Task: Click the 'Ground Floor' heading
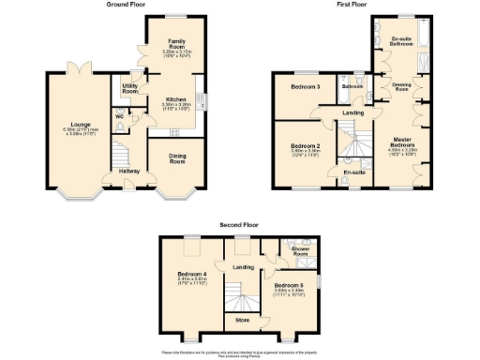[127, 6]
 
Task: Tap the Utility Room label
[130, 88]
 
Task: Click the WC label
[119, 117]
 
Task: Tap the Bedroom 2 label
[306, 147]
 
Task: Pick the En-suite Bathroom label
[403, 42]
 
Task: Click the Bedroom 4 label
[191, 275]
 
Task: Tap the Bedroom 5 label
[288, 285]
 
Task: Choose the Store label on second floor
[243, 321]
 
